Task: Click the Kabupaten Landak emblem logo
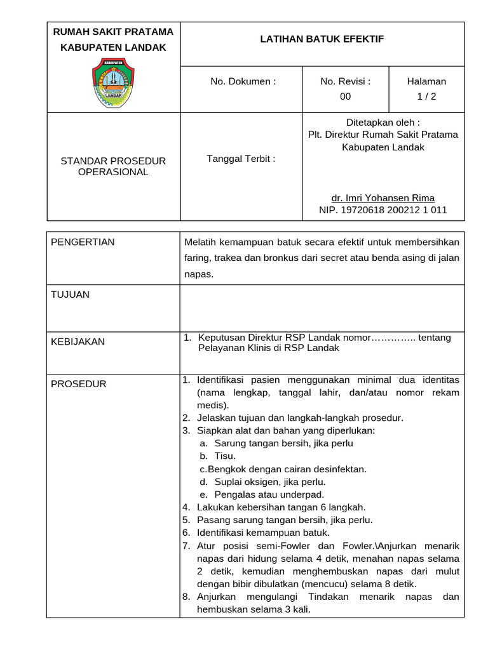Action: click(x=112, y=82)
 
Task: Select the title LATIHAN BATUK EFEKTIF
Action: click(x=322, y=39)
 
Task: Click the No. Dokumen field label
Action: click(x=243, y=81)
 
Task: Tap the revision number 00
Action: click(x=345, y=96)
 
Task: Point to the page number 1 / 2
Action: click(x=426, y=96)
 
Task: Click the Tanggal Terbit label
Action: click(x=241, y=159)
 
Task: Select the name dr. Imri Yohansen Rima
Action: click(x=383, y=197)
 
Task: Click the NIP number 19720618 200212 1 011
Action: click(x=383, y=209)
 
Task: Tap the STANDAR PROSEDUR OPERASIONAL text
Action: click(x=112, y=166)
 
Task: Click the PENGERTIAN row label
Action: click(x=83, y=242)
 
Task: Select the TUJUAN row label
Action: click(x=70, y=295)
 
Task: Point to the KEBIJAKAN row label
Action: click(x=78, y=342)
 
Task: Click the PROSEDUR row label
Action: click(x=78, y=384)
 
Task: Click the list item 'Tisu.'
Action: click(x=225, y=456)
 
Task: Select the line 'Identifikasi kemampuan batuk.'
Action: click(x=263, y=533)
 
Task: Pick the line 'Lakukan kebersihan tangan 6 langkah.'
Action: click(x=281, y=507)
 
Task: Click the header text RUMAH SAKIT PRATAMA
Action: click(x=112, y=32)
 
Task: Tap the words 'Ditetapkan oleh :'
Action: click(x=383, y=122)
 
